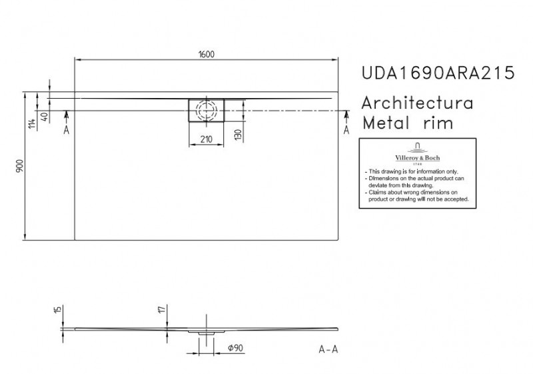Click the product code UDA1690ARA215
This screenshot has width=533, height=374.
tap(437, 73)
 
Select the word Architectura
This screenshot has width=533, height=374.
tap(417, 103)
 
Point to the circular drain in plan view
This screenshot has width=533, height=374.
tap(207, 109)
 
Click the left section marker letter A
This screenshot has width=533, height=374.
tap(67, 130)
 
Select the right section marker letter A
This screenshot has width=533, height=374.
tap(346, 130)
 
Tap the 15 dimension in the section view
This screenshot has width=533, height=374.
tap(58, 311)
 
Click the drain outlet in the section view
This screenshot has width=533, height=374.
tap(207, 332)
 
